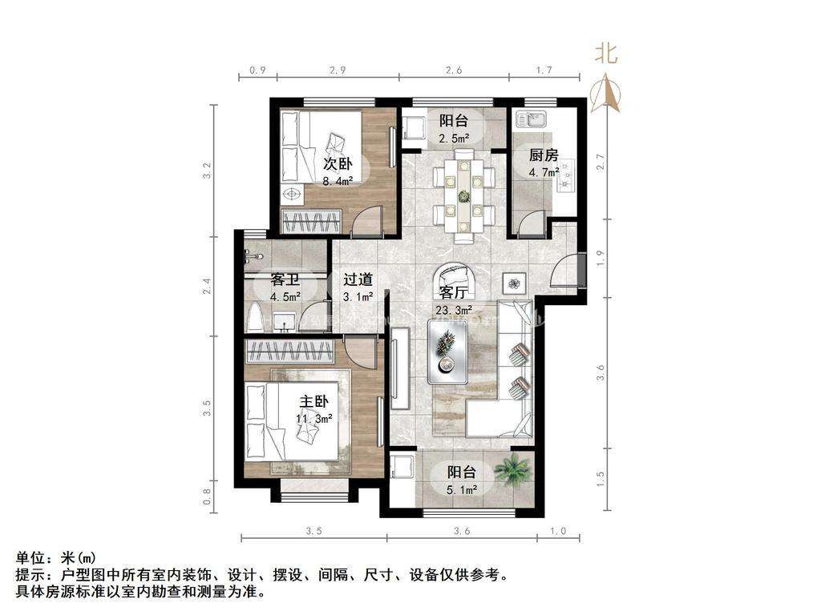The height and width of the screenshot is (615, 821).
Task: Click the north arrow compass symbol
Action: [606, 93]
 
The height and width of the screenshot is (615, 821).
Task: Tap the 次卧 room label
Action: [338, 163]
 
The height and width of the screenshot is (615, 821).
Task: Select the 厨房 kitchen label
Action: [543, 155]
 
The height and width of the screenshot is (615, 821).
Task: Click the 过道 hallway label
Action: [358, 279]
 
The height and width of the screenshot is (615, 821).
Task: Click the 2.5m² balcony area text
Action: [453, 138]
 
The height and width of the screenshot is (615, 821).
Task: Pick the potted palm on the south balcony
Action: [512, 469]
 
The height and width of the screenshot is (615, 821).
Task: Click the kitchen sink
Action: [531, 121]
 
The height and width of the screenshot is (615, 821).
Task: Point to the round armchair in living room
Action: [455, 279]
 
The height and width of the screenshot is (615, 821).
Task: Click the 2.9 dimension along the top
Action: [337, 70]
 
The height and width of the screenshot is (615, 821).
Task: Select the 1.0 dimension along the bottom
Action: [558, 531]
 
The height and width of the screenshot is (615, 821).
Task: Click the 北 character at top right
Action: [606, 54]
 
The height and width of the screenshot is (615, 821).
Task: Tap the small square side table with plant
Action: [512, 282]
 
